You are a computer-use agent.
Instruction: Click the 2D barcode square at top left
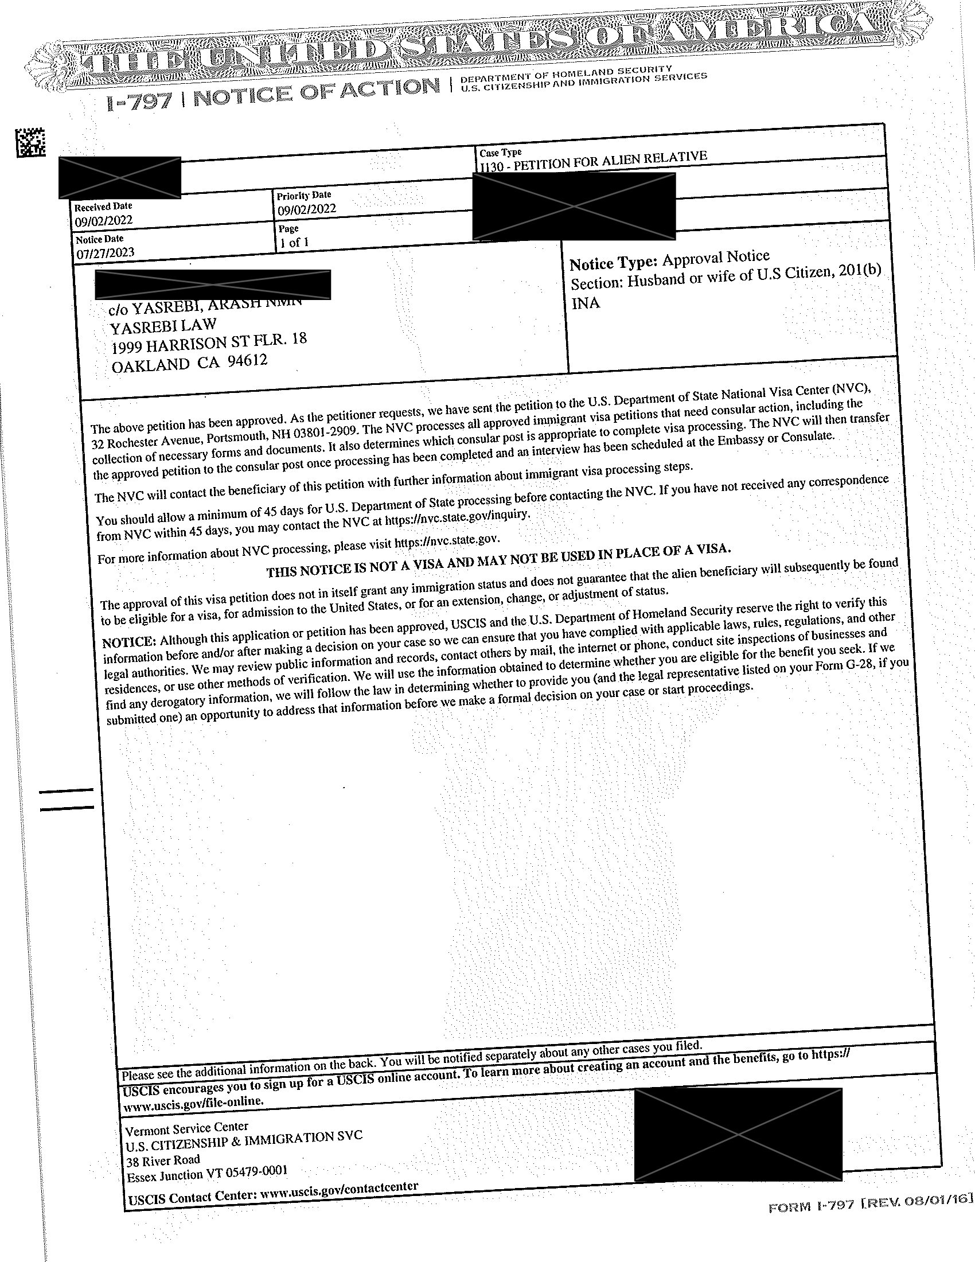tap(30, 142)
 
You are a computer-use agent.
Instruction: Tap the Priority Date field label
tap(304, 195)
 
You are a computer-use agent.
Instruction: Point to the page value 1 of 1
tap(294, 242)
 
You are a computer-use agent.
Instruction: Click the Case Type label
tap(500, 153)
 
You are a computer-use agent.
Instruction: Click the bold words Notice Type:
tap(613, 263)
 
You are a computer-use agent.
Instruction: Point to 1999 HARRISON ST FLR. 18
tap(209, 343)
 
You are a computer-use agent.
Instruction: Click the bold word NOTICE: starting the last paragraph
tap(128, 642)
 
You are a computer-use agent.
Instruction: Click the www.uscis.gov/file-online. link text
tap(194, 1101)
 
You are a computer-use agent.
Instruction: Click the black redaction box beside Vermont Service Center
tap(738, 1134)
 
